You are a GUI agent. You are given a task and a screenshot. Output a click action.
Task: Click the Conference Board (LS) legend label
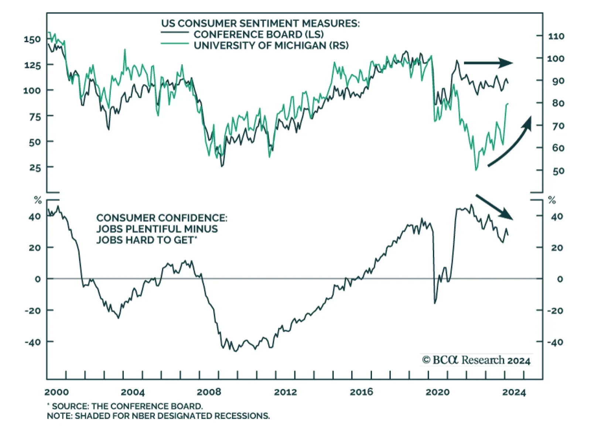[x=259, y=34]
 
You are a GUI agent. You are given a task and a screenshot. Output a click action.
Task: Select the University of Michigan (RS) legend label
[x=271, y=45]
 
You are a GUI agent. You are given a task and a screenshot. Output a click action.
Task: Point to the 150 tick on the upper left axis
[x=32, y=39]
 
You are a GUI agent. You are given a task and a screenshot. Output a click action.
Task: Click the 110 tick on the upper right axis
[x=556, y=36]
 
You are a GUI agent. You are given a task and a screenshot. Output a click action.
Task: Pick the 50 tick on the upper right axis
[x=558, y=171]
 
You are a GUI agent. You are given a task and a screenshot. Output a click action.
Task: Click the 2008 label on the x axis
[x=209, y=392]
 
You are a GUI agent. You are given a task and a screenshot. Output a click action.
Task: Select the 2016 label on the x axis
[x=361, y=392]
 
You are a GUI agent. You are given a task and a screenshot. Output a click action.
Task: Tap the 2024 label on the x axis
[x=514, y=392]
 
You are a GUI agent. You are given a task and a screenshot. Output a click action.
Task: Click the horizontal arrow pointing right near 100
[x=488, y=63]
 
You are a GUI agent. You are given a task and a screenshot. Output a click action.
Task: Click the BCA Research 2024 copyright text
[x=476, y=360]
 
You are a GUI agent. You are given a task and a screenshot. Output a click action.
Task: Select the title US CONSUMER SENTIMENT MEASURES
[x=260, y=23]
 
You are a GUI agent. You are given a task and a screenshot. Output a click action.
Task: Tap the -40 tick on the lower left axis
[x=33, y=342]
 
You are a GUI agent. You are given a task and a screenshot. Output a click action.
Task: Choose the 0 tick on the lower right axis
[x=560, y=279]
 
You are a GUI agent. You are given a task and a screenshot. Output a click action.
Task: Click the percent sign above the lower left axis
[x=38, y=201]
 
